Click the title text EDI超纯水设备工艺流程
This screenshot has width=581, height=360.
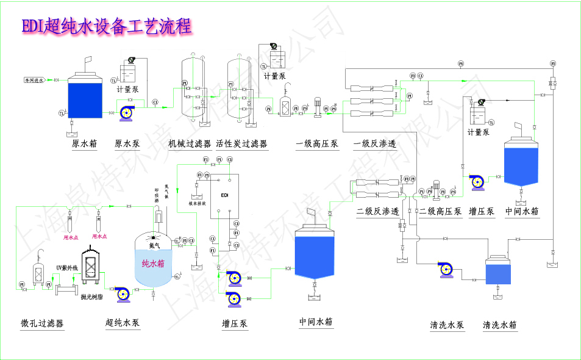click(x=107, y=26)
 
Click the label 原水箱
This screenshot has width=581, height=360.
click(x=84, y=145)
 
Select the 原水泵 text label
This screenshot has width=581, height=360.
click(x=127, y=145)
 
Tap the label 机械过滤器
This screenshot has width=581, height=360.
click(x=190, y=145)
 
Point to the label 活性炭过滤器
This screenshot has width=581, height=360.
click(x=241, y=145)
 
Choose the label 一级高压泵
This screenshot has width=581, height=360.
click(x=317, y=145)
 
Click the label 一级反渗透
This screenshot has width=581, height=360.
click(x=375, y=145)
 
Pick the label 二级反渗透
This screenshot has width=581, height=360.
click(x=378, y=212)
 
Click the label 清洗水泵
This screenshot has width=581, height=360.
click(x=447, y=325)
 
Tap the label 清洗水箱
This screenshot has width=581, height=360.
click(x=500, y=325)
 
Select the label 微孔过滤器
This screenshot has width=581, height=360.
click(x=42, y=323)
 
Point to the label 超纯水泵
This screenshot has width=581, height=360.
click(x=123, y=323)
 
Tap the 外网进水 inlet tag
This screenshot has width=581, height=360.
click(x=34, y=80)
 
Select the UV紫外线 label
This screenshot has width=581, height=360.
click(x=68, y=268)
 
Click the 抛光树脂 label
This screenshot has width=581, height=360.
click(x=91, y=297)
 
